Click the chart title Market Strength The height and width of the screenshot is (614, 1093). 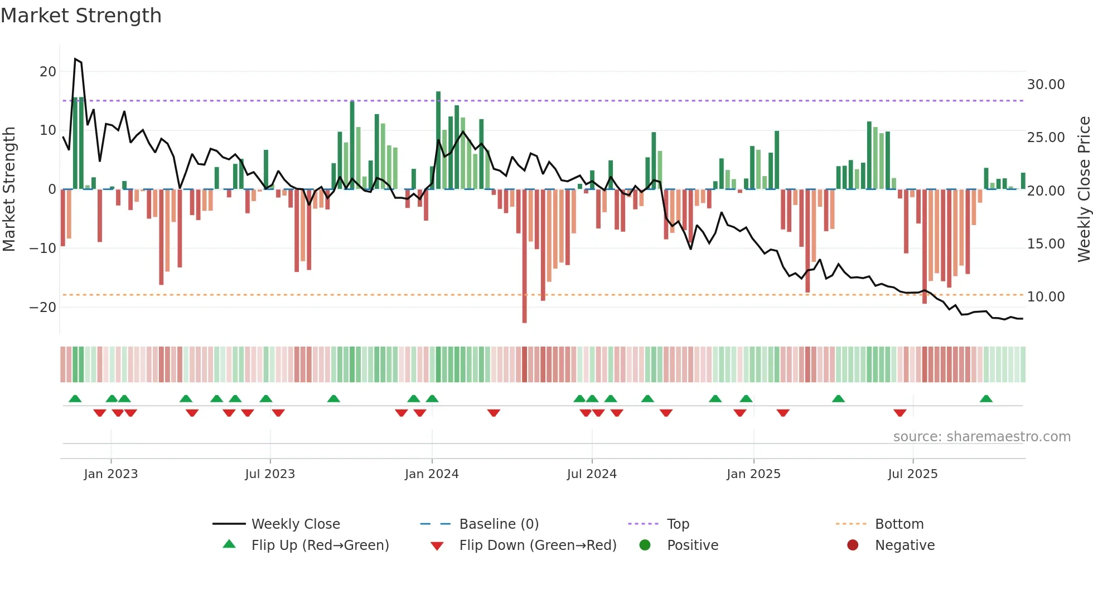[81, 16]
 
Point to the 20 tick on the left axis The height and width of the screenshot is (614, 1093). [48, 71]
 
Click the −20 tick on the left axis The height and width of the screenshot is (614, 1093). [43, 307]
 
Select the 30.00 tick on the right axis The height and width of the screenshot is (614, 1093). [1046, 84]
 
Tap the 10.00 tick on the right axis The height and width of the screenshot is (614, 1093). [1046, 296]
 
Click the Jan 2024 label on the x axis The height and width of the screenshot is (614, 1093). [432, 474]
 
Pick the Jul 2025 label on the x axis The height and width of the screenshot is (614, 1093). [912, 474]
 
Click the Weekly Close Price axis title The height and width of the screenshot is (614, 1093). [1084, 189]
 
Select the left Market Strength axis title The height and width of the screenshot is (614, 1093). [9, 189]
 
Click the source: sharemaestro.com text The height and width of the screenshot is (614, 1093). [981, 436]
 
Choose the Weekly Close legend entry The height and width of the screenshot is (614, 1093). [295, 524]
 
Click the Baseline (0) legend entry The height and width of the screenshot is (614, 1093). [499, 524]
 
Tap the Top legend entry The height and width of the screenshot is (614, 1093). [678, 524]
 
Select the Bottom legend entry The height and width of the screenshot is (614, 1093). [899, 524]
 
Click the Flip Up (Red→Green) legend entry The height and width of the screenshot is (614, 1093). [320, 545]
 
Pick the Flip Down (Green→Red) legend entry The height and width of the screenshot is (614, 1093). [538, 545]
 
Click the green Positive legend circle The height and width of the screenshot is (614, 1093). [645, 545]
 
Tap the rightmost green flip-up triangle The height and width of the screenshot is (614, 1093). [986, 398]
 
